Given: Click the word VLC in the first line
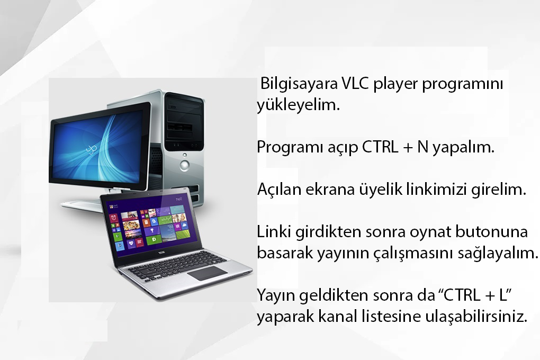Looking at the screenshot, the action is click(355, 83).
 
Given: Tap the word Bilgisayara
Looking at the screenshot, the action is click(299, 84).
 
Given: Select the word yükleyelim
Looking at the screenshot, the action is click(298, 105).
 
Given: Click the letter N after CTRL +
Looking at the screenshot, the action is click(423, 147).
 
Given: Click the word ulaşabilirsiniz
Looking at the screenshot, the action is click(476, 317).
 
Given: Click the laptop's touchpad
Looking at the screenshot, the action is click(208, 273).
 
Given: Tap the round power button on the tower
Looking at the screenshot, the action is click(185, 165).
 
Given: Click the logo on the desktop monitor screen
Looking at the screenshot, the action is click(91, 148).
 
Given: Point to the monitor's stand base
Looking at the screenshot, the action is click(81, 205).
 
